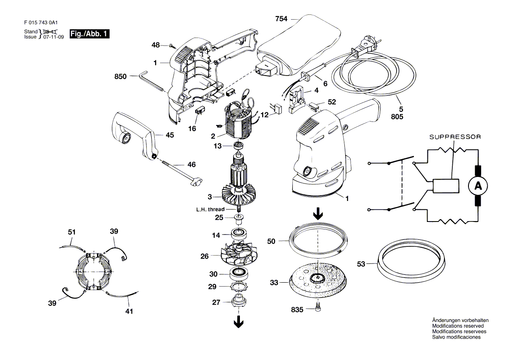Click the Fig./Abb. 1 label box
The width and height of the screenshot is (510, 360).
pos(90,34)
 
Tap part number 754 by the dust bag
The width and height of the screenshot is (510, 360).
pos(281,19)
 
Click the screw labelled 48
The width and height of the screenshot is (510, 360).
pos(172,46)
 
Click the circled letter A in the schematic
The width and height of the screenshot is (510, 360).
pos(478,186)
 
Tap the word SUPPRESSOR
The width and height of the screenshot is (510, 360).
pos(455,137)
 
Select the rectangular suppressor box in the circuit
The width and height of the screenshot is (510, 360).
pos(446,186)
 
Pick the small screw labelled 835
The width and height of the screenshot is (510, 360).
pos(318,307)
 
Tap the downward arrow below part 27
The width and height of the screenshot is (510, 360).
pos(239,322)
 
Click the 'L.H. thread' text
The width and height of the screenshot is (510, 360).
pos(210,209)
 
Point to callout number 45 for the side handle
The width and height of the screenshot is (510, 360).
pos(170,135)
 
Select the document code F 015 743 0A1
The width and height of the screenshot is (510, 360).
pos(41,22)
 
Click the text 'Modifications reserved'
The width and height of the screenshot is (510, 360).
pos(458,326)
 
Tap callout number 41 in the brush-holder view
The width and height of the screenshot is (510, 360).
pos(129,311)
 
